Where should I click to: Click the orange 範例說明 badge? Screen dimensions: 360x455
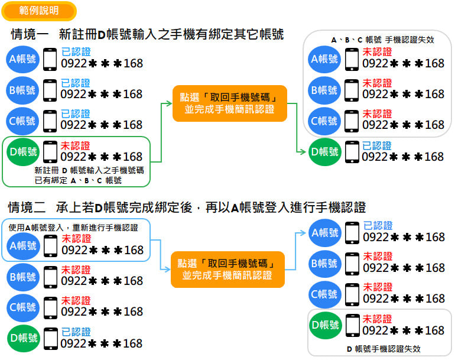pyautogui.click(x=39, y=11)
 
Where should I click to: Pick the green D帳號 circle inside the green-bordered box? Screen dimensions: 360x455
pyautogui.click(x=23, y=152)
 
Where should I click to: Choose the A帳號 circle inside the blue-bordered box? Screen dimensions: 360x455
pyautogui.click(x=23, y=245)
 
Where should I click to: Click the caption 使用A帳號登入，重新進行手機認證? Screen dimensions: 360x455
pyautogui.click(x=73, y=228)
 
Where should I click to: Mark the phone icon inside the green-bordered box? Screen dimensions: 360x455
pyautogui.click(x=51, y=152)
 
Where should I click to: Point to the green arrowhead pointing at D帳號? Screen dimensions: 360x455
pyautogui.click(x=303, y=152)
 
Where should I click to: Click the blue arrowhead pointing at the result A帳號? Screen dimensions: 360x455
pyautogui.click(x=303, y=232)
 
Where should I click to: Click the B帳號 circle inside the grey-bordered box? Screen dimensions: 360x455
pyautogui.click(x=324, y=90)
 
